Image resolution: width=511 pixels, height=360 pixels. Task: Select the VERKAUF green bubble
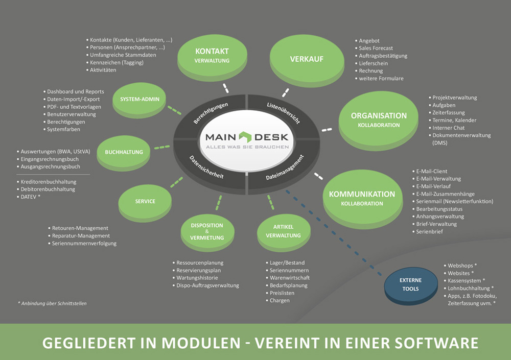(x=307, y=59)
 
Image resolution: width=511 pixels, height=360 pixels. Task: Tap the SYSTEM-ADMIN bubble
(x=140, y=99)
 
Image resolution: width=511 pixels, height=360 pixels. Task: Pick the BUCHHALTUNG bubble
(x=124, y=152)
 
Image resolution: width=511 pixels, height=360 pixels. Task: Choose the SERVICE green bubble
(x=145, y=201)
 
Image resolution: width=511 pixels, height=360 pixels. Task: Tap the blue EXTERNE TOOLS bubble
(x=410, y=284)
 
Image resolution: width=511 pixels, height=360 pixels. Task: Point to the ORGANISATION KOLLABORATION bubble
(x=379, y=120)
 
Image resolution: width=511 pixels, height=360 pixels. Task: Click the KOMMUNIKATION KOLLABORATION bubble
(x=362, y=198)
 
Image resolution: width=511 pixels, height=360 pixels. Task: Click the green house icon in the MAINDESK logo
(x=246, y=137)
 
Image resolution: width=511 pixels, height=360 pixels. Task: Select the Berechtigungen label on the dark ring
(x=211, y=112)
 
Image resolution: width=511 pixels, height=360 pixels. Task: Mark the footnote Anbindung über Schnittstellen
(x=52, y=303)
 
